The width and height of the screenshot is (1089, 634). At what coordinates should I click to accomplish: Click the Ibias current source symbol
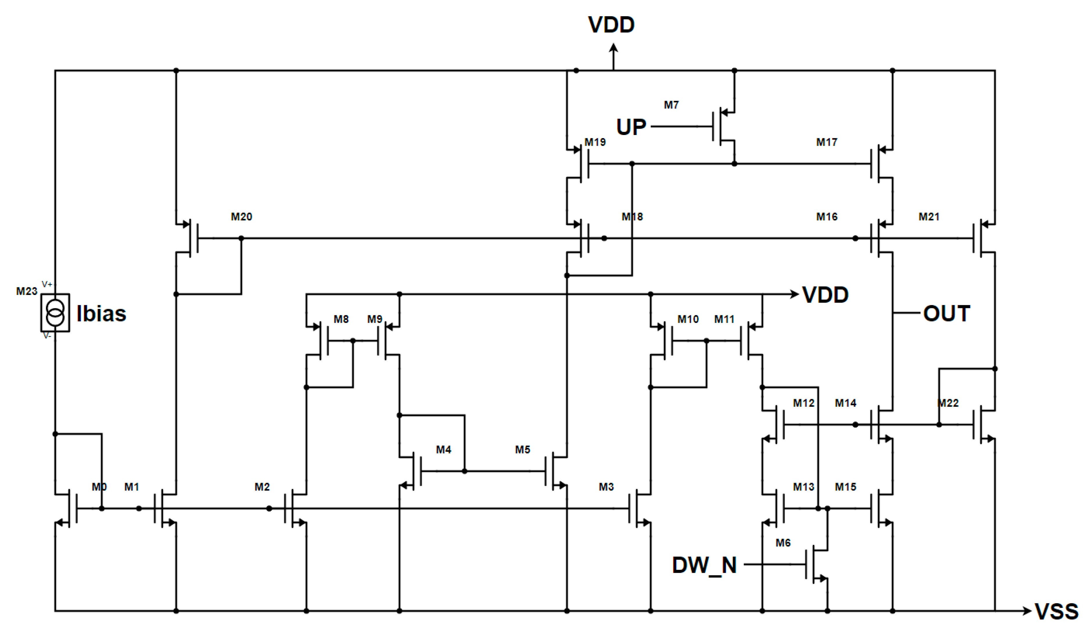coord(55,313)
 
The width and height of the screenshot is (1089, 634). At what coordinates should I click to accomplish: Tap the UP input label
coord(631,127)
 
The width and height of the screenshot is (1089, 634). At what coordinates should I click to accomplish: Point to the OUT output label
coord(946,313)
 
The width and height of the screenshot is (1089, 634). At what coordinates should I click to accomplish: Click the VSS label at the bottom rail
coord(1056,612)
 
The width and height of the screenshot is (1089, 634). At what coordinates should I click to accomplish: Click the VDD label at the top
coord(611,25)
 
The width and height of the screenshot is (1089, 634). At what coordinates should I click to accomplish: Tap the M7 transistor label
coord(671,105)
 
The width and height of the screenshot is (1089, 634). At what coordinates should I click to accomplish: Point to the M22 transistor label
coord(948,403)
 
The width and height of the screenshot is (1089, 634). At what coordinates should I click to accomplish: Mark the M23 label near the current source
coord(26,291)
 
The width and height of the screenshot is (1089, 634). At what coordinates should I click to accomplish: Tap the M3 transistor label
coord(606,487)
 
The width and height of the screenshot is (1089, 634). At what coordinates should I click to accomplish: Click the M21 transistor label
coord(929,217)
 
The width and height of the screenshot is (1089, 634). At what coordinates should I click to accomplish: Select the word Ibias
coord(101,314)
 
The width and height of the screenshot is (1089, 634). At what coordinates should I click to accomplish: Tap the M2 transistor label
coord(262,487)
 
